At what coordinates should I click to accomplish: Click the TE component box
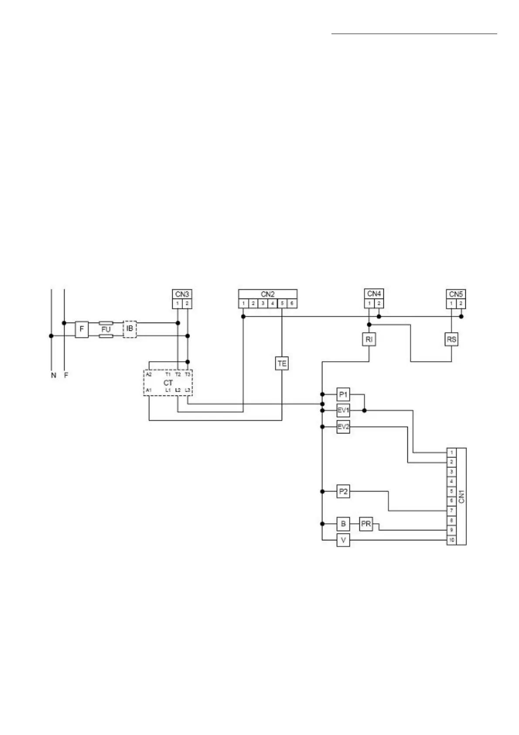[x=282, y=363]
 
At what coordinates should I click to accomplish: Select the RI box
[x=369, y=339]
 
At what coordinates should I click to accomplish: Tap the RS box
[x=451, y=339]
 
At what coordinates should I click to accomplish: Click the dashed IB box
[x=130, y=329]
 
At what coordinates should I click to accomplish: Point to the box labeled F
[x=82, y=329]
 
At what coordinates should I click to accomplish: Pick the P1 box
[x=343, y=395]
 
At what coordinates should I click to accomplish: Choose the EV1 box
[x=343, y=411]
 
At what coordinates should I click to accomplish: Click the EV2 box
[x=343, y=427]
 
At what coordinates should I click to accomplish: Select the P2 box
[x=343, y=491]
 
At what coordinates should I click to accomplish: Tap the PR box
[x=366, y=524]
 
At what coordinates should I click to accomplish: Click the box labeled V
[x=343, y=540]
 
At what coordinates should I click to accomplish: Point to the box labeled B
[x=343, y=524]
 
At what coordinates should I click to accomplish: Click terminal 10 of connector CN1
[x=451, y=540]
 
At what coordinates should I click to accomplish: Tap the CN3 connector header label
[x=182, y=294]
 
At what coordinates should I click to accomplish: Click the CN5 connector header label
[x=456, y=294]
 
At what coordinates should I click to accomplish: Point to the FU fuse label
[x=106, y=330]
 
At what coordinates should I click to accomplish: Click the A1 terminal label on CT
[x=149, y=390]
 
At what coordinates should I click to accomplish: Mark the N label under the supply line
[x=53, y=375]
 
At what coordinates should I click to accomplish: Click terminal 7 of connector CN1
[x=451, y=510]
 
